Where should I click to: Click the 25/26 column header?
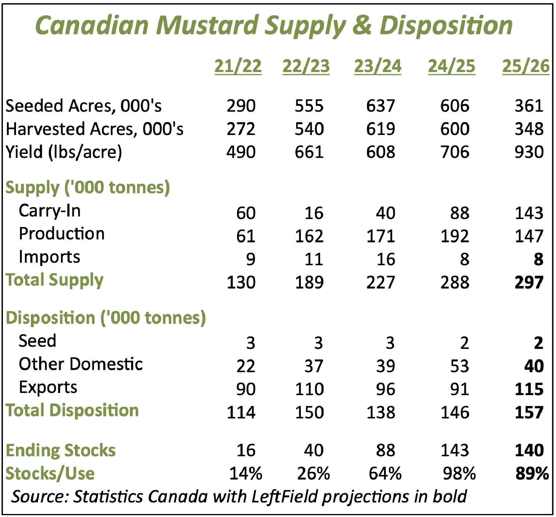click(x=525, y=67)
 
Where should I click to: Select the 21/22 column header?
click(x=238, y=67)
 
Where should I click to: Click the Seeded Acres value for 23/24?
click(x=380, y=106)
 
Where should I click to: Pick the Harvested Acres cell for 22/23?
click(x=309, y=129)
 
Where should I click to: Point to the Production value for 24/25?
click(x=454, y=236)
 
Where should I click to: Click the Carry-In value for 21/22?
click(x=246, y=213)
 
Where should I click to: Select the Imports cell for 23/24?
click(x=385, y=259)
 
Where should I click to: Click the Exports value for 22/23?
click(x=309, y=389)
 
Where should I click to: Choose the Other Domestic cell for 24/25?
click(x=459, y=366)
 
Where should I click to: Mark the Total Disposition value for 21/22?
click(x=241, y=413)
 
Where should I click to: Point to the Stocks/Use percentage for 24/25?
click(x=459, y=474)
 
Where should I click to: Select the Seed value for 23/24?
click(x=390, y=343)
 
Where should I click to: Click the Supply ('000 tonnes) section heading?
click(x=88, y=188)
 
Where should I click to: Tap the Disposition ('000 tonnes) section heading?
click(x=106, y=318)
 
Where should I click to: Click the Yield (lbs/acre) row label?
click(x=64, y=152)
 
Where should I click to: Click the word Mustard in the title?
click(x=207, y=25)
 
